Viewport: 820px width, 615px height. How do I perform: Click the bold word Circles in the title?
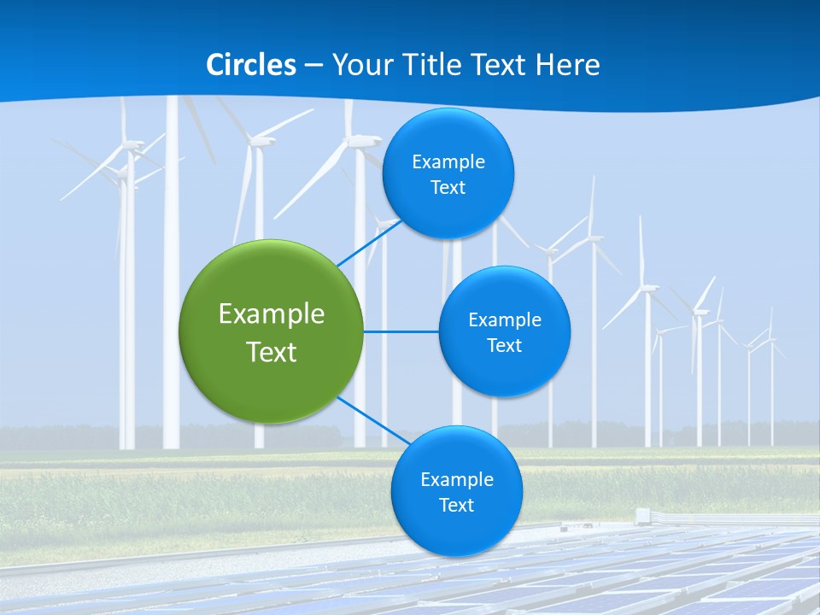point(250,65)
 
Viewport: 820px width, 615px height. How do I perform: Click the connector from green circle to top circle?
point(369,242)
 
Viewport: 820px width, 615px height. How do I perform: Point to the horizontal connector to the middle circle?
point(401,331)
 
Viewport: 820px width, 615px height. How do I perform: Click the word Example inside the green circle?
point(272,313)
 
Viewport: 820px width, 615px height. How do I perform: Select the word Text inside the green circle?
point(272,352)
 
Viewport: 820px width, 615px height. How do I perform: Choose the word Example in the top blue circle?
point(448,161)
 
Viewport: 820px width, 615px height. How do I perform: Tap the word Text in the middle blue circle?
point(505,345)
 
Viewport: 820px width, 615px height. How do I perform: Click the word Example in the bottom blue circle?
point(457,479)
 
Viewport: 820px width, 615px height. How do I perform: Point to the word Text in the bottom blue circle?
point(457,505)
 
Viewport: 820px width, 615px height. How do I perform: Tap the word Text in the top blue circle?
point(448,187)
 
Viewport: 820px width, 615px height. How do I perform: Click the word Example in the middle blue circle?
point(505,319)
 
